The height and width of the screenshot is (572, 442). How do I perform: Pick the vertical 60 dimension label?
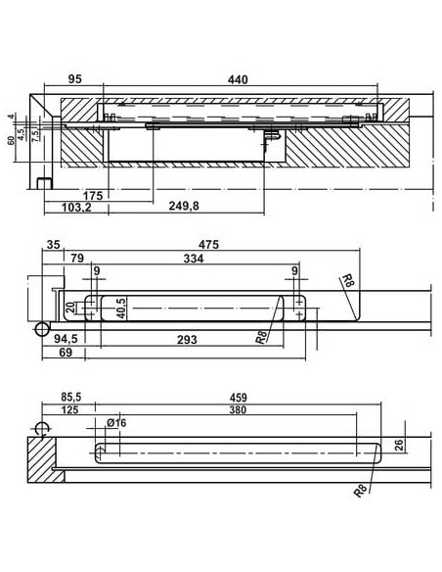pyautogui.click(x=11, y=140)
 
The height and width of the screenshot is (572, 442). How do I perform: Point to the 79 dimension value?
pyautogui.click(x=76, y=260)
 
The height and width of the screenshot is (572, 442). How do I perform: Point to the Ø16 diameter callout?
pyautogui.click(x=115, y=423)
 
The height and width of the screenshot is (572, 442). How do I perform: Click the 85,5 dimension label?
pyautogui.click(x=71, y=400)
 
